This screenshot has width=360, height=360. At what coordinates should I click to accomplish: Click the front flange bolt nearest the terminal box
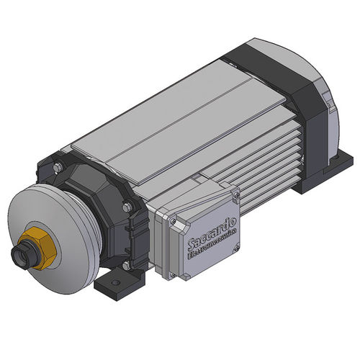pyautogui.click(x=128, y=208)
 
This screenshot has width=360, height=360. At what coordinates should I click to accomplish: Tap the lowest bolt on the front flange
pyautogui.click(x=127, y=265)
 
